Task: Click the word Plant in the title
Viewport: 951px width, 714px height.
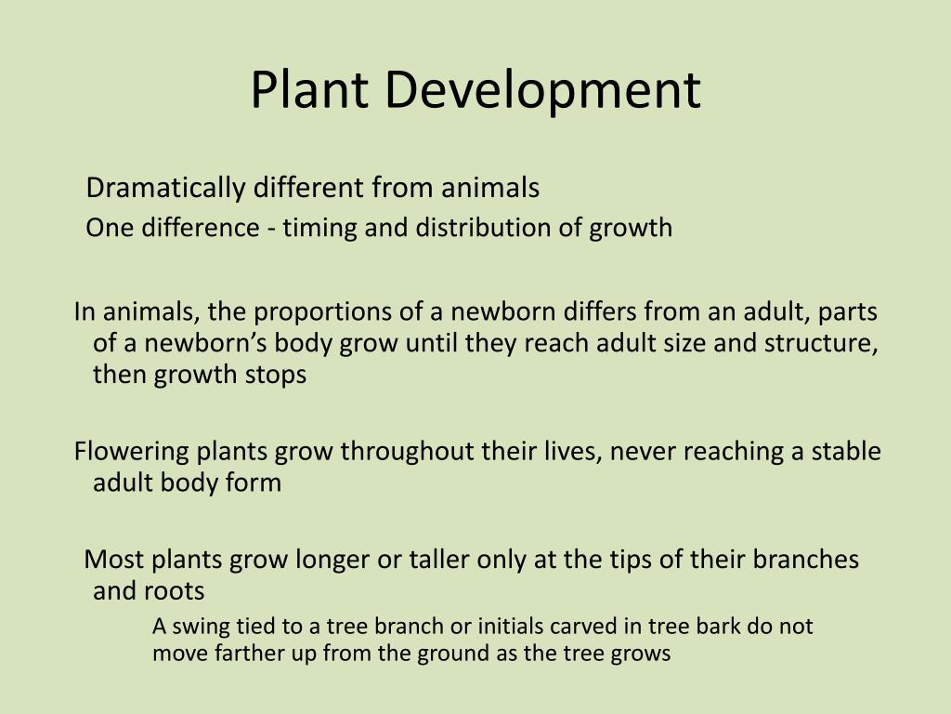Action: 306,90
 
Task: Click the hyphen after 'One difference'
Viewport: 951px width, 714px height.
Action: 271,229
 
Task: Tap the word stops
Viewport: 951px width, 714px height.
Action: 277,376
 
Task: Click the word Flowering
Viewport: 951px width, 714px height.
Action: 132,453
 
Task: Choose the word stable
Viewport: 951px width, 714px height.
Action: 846,453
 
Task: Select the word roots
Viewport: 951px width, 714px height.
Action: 174,591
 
